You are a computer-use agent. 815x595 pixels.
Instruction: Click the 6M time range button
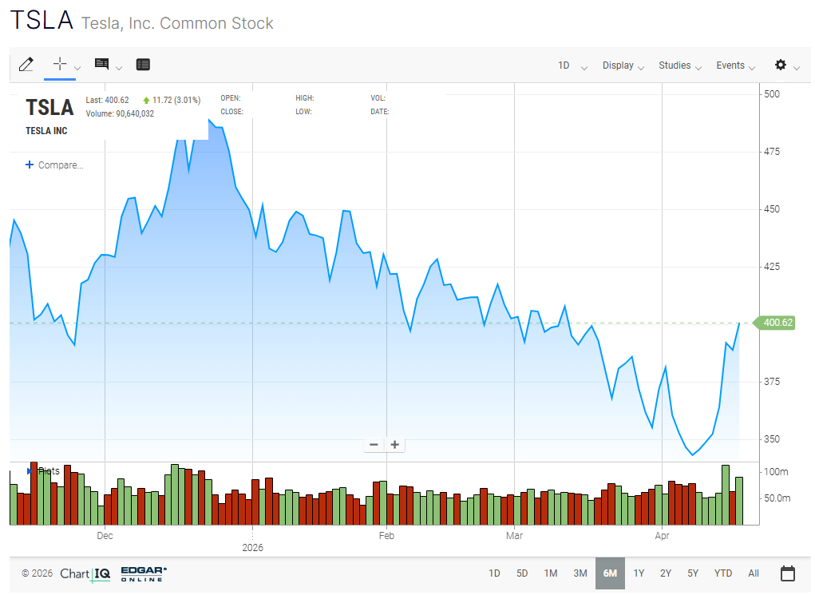point(610,573)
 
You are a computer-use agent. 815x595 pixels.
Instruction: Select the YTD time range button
point(722,573)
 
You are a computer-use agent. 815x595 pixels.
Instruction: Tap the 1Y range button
point(639,573)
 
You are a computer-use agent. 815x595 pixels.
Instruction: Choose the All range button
point(754,573)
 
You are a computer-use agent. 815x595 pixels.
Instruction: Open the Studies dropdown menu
point(675,65)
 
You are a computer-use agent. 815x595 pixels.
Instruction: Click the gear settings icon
point(781,65)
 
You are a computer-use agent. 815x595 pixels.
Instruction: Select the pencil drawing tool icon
point(26,65)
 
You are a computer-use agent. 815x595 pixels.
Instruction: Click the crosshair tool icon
point(60,64)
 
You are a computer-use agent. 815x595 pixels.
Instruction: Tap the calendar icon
point(788,573)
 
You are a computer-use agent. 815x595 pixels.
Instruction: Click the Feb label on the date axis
point(386,536)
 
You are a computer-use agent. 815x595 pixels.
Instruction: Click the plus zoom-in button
point(394,445)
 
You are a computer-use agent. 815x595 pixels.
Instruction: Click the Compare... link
point(55,165)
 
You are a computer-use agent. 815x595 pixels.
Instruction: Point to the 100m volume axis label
point(776,472)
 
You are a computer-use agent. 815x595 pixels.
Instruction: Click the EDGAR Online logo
point(144,573)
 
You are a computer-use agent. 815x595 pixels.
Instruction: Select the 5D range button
point(522,573)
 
